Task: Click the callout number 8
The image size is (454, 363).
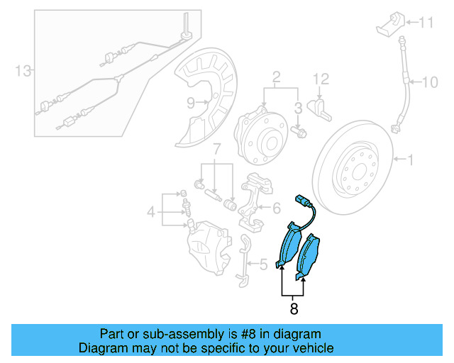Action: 294,309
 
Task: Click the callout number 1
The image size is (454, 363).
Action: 410,160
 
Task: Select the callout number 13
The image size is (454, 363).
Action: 23,70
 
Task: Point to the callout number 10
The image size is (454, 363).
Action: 431,82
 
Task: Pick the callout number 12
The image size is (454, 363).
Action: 321,78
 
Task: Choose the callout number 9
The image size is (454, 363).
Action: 190,104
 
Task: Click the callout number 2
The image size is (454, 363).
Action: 277,76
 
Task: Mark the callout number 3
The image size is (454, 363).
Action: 299,107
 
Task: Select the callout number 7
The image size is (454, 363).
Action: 217,150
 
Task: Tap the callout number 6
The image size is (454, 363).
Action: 277,208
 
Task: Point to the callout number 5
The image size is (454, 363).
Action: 263,265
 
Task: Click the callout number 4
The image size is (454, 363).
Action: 150,211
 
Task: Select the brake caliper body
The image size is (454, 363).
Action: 206,244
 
